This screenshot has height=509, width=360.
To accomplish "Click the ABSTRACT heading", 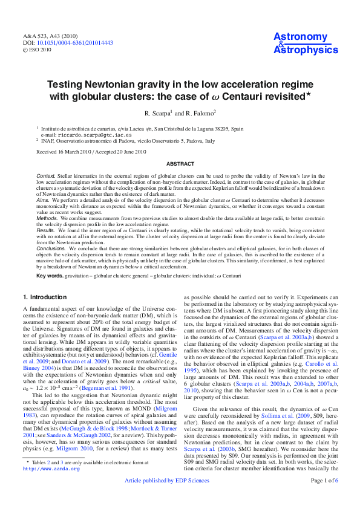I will pyautogui.click(x=180, y=164).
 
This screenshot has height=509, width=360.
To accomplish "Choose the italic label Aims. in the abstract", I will pyautogui.click(x=43, y=199).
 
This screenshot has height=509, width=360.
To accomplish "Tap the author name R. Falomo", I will pyautogui.click(x=194, y=113).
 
